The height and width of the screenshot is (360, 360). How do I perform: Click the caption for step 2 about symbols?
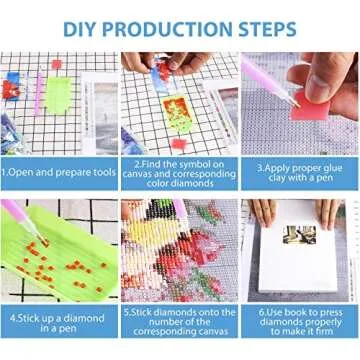[179, 171]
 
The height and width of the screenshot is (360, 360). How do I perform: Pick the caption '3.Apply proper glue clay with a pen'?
[299, 171]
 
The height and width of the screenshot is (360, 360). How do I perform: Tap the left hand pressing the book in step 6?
[263, 212]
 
